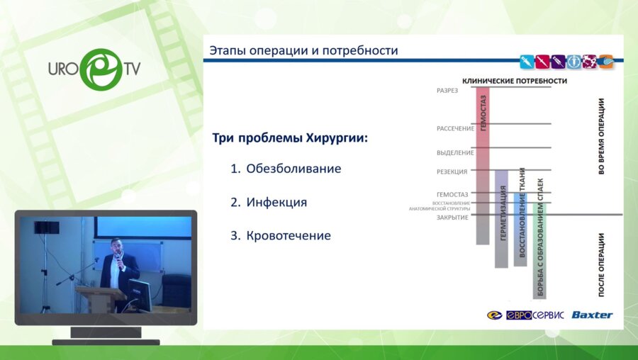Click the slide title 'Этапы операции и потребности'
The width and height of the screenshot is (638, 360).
pos(303,51)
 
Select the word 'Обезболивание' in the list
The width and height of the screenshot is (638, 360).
pos(293,169)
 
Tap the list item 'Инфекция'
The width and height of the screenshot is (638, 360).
pos(276,202)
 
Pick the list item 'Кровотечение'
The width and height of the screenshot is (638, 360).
pos(289,235)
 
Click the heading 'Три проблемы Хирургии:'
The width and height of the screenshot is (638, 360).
pos(290,137)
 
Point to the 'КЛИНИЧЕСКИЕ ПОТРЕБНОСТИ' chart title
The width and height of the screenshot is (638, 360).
pos(515,81)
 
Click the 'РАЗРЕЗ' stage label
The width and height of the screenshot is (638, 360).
pos(447,91)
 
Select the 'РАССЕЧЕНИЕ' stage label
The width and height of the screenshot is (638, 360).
pos(455,128)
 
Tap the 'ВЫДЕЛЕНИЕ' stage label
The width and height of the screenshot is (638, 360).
pos(455,152)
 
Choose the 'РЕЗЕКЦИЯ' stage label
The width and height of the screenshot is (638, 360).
pos(452,171)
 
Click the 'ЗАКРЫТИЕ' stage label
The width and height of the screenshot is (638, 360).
pos(452,218)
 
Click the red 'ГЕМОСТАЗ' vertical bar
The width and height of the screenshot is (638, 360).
pos(483,167)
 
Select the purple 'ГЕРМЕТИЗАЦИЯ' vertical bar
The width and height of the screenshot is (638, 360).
pos(501,220)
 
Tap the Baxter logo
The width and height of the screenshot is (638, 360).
pos(592,315)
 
